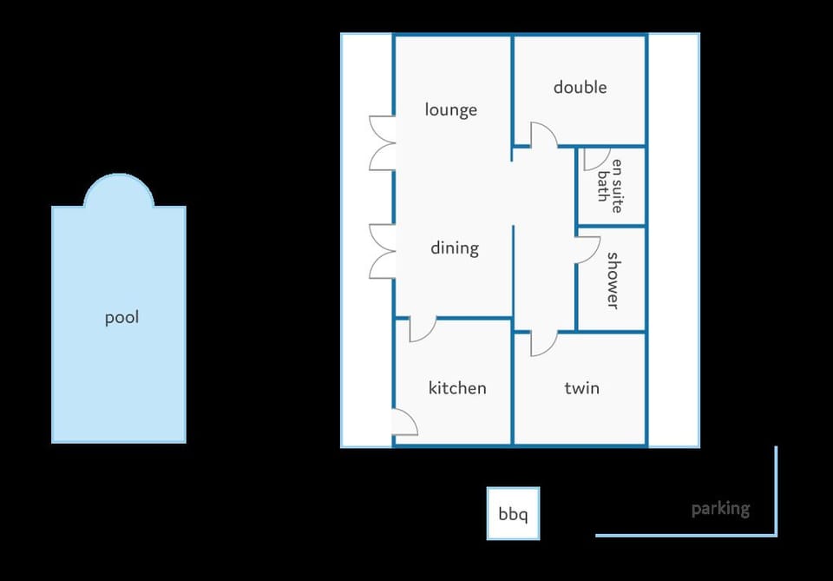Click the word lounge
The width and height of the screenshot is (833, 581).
click(450, 109)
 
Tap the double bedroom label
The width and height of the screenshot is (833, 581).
click(580, 87)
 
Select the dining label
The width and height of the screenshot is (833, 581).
click(455, 248)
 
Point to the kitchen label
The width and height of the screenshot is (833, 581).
click(457, 387)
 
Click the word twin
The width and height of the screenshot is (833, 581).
click(581, 387)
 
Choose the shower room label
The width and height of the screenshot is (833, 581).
click(613, 281)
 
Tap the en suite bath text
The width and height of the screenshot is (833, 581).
click(609, 186)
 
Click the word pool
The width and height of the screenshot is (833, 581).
click(121, 317)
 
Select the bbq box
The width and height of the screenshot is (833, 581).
click(513, 513)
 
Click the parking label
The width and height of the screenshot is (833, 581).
click(720, 509)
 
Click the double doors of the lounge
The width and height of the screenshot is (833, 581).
click(383, 143)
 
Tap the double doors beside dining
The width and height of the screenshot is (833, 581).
click(383, 252)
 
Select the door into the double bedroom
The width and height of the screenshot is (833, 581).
click(543, 134)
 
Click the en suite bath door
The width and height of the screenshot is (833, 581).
click(597, 159)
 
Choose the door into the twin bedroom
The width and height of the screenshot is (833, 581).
click(543, 343)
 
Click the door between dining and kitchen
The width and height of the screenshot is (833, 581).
click(423, 329)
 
